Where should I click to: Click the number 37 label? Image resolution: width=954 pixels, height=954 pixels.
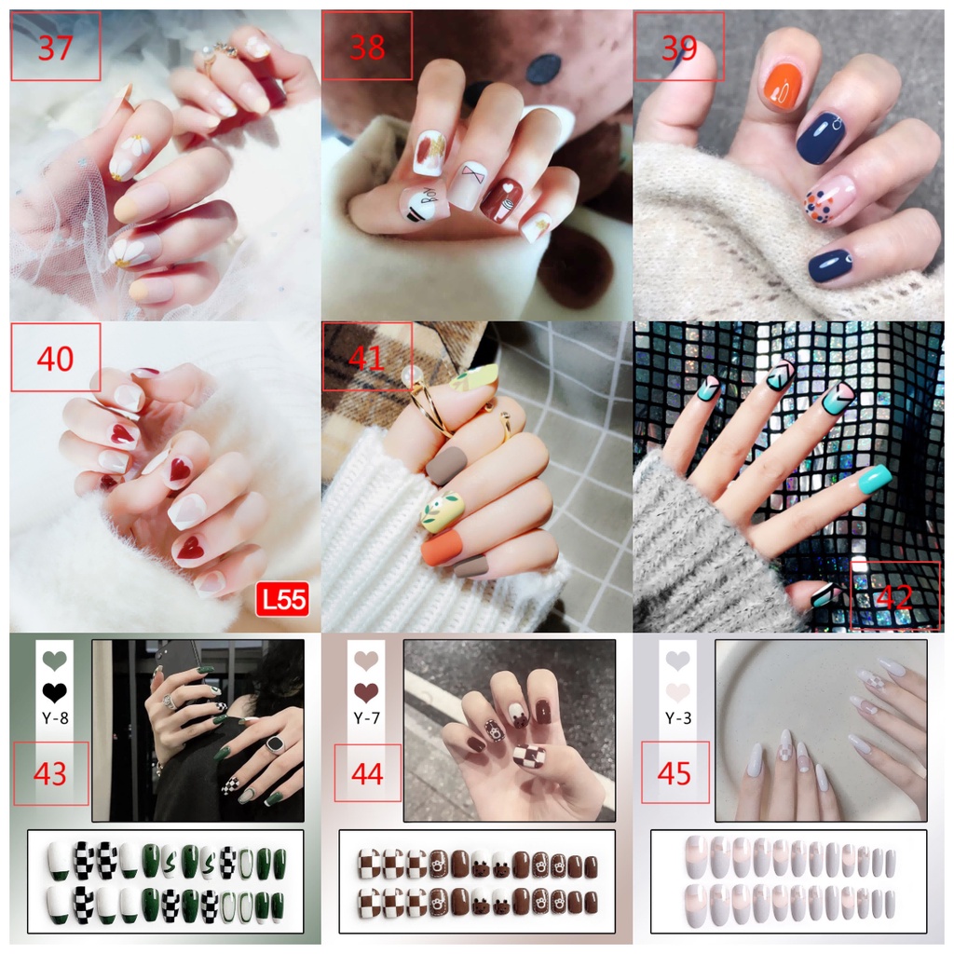pos(55,47)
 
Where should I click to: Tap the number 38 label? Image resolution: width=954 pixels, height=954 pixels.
pos(366,47)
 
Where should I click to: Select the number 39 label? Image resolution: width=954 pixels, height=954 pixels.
pos(678,47)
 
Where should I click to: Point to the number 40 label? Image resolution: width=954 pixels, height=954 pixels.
pos(55,358)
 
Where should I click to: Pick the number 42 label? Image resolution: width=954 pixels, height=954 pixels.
pos(894,595)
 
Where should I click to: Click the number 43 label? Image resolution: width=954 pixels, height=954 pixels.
pos(50,773)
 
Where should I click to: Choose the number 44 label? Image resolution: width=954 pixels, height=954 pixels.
pos(367,773)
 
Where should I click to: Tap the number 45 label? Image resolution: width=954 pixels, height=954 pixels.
pos(674,773)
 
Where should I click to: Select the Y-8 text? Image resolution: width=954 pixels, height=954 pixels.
pos(55,717)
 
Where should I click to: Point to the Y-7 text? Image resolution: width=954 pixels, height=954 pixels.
pos(367,717)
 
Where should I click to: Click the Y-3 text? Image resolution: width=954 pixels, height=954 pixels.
pos(678,717)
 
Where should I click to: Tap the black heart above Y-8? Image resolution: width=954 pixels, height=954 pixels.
pos(55,692)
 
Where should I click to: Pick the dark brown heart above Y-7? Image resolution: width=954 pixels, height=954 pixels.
pos(367,692)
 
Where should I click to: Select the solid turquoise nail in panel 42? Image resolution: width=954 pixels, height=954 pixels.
pos(861,481)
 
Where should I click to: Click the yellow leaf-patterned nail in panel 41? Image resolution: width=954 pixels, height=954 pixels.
pos(442,511)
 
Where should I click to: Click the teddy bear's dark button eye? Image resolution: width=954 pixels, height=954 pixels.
pos(544,67)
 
